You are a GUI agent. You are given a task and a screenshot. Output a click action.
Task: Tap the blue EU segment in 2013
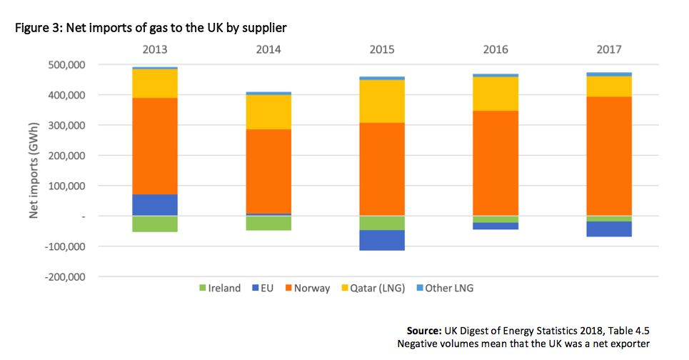(155, 204)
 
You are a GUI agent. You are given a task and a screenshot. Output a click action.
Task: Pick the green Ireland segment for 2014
(268, 223)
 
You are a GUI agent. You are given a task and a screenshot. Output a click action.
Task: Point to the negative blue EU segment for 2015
(382, 240)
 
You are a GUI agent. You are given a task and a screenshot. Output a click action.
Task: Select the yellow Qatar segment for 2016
(496, 94)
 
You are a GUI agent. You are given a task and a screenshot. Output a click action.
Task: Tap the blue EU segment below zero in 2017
(608, 229)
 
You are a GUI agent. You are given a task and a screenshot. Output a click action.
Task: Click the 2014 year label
(268, 50)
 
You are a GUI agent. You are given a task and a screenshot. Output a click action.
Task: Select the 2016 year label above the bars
(496, 50)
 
